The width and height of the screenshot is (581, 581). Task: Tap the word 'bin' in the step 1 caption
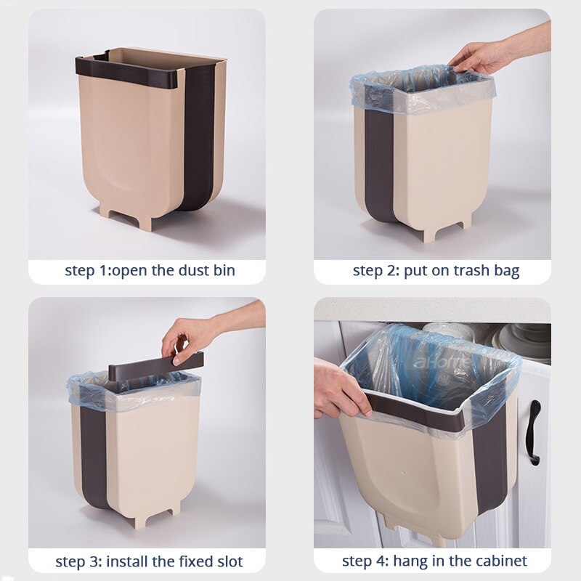pyautogui.click(x=223, y=272)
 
